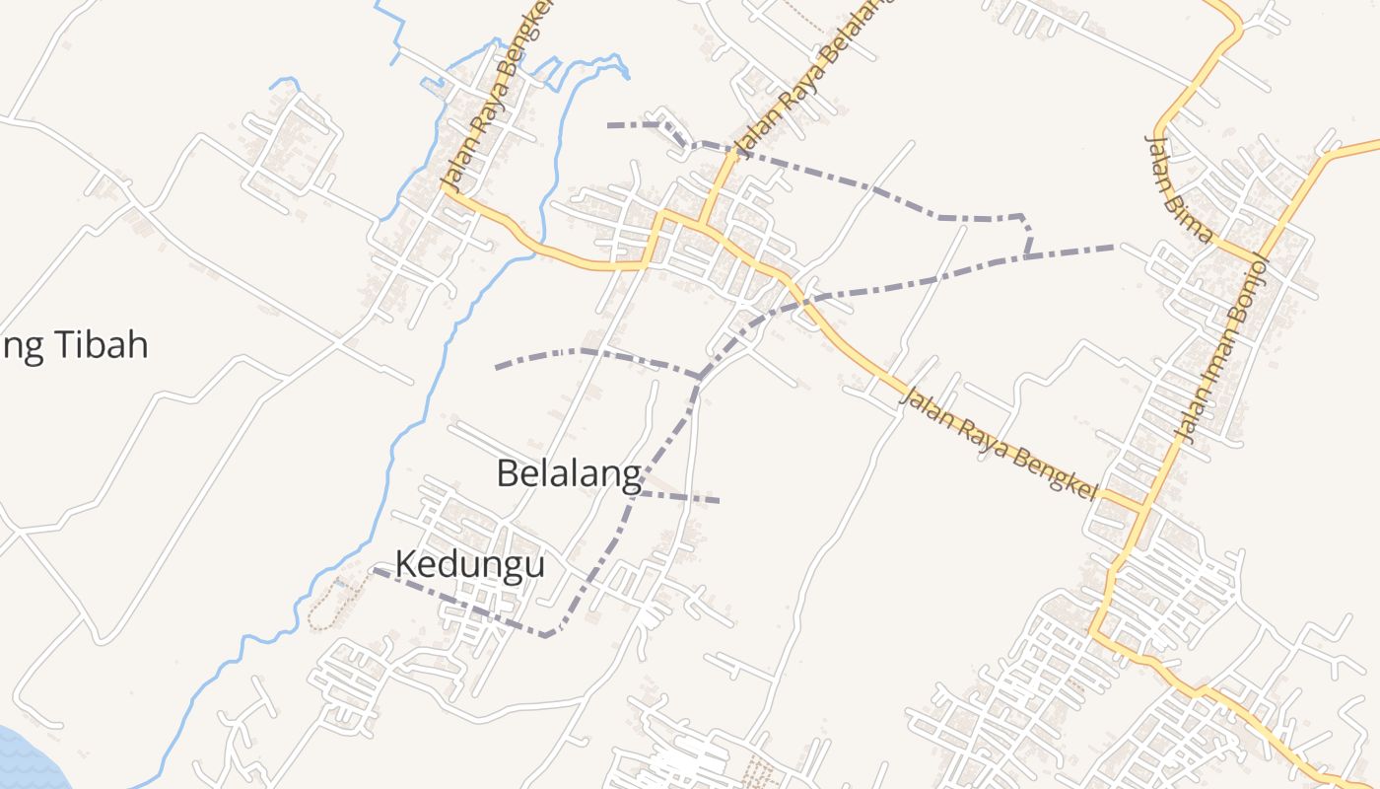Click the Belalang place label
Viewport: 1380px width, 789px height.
[569, 473]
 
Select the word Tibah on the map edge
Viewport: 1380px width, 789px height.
[99, 345]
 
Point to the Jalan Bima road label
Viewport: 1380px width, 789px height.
[1178, 187]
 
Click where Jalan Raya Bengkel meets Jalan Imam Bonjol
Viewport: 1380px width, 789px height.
[1143, 508]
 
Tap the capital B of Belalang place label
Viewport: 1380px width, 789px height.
[508, 473]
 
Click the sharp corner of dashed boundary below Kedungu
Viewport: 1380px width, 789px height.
[547, 635]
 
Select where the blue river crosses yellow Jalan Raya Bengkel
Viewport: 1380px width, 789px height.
[536, 253]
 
